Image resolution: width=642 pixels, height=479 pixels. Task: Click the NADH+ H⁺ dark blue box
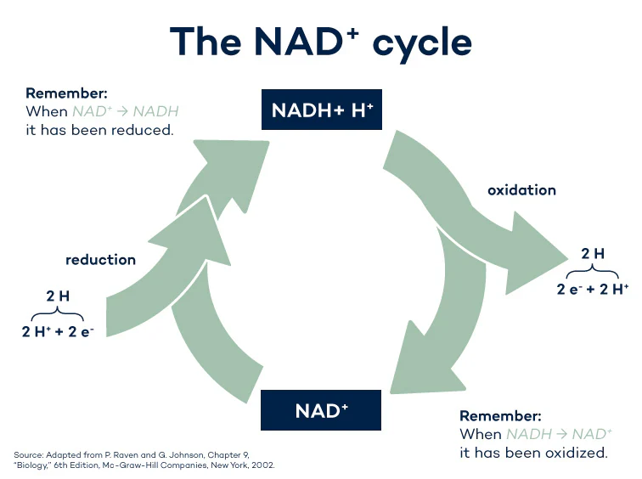click(x=321, y=110)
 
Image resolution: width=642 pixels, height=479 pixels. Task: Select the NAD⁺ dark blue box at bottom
click(x=321, y=411)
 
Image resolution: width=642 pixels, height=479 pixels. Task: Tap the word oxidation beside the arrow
click(x=521, y=190)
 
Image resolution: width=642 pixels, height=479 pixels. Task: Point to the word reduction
click(x=100, y=260)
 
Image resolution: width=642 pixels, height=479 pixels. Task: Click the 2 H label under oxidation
click(x=593, y=253)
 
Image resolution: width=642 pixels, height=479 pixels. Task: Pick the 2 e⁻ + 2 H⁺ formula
click(x=593, y=289)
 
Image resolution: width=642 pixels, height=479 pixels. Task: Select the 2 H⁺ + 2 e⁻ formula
click(x=58, y=331)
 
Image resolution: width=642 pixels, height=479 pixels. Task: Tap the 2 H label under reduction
click(x=58, y=296)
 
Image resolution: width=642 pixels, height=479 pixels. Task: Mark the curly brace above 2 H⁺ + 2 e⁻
click(x=58, y=313)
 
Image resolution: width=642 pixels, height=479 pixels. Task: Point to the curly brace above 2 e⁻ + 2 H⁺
click(x=593, y=271)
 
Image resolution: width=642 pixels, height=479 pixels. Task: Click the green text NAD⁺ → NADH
click(x=125, y=111)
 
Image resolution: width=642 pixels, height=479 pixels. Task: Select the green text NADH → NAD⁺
click(x=559, y=434)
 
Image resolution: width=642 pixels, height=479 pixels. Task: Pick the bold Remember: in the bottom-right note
click(x=499, y=416)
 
